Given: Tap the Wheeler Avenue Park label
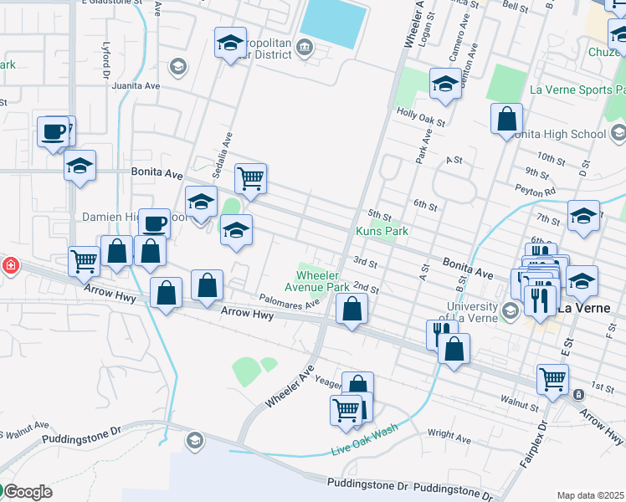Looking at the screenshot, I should [322, 279].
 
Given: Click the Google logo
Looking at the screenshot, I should [27, 492].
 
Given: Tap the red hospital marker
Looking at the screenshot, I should [10, 266].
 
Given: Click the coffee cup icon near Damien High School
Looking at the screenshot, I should [154, 223].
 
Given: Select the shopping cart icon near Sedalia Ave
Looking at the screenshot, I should [250, 178].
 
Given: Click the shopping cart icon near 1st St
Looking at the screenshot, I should [552, 379].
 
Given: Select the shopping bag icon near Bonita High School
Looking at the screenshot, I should [506, 119].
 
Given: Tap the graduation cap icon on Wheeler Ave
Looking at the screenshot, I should [444, 83].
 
